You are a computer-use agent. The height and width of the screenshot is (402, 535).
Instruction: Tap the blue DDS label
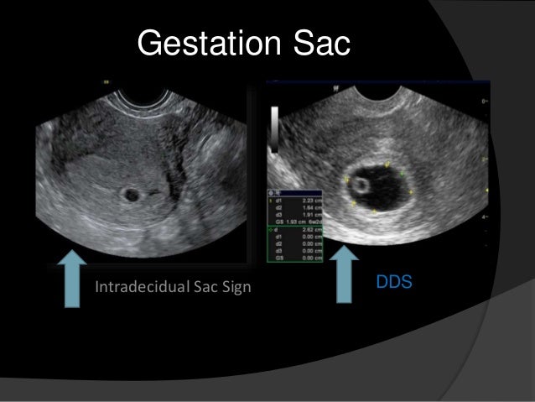[x=394, y=281]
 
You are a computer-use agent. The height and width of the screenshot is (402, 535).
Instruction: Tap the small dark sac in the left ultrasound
[x=131, y=195]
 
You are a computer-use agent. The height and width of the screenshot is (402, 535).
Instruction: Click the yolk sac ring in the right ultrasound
[x=361, y=182]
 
